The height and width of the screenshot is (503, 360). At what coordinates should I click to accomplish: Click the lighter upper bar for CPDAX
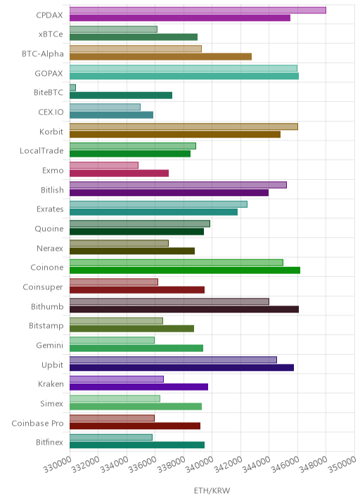(x=198, y=11)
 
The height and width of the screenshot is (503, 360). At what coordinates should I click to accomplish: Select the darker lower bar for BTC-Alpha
(x=160, y=57)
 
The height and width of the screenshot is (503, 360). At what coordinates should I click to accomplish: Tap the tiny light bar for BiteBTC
(x=72, y=88)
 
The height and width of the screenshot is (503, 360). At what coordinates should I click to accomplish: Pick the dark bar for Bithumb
(x=184, y=309)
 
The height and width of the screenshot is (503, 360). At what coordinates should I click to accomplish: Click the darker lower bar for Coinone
(x=185, y=270)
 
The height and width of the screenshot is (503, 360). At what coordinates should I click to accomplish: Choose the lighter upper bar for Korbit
(x=184, y=126)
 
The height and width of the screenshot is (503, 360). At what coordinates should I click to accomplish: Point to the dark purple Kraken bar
(x=139, y=387)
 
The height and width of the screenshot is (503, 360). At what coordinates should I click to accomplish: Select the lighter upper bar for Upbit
(x=173, y=360)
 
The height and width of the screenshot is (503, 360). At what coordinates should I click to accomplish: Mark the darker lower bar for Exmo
(x=119, y=174)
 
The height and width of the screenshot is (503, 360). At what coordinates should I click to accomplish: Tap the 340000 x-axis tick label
(x=200, y=464)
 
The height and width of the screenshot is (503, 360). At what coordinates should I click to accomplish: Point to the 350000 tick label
(x=342, y=464)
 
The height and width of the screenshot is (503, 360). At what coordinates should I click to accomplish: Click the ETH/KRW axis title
(x=212, y=490)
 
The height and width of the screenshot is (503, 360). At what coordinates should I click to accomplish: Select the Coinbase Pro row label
(x=37, y=423)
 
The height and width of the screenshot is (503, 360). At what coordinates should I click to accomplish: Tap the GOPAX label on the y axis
(x=49, y=74)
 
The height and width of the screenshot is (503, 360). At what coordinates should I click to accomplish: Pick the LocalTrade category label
(x=41, y=151)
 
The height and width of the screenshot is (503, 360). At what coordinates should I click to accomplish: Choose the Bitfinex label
(x=49, y=442)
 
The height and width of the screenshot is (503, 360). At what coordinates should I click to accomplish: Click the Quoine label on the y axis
(x=49, y=229)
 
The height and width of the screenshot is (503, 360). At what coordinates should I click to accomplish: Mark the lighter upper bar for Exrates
(x=158, y=204)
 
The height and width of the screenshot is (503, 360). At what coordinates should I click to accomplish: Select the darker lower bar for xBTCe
(x=134, y=37)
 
